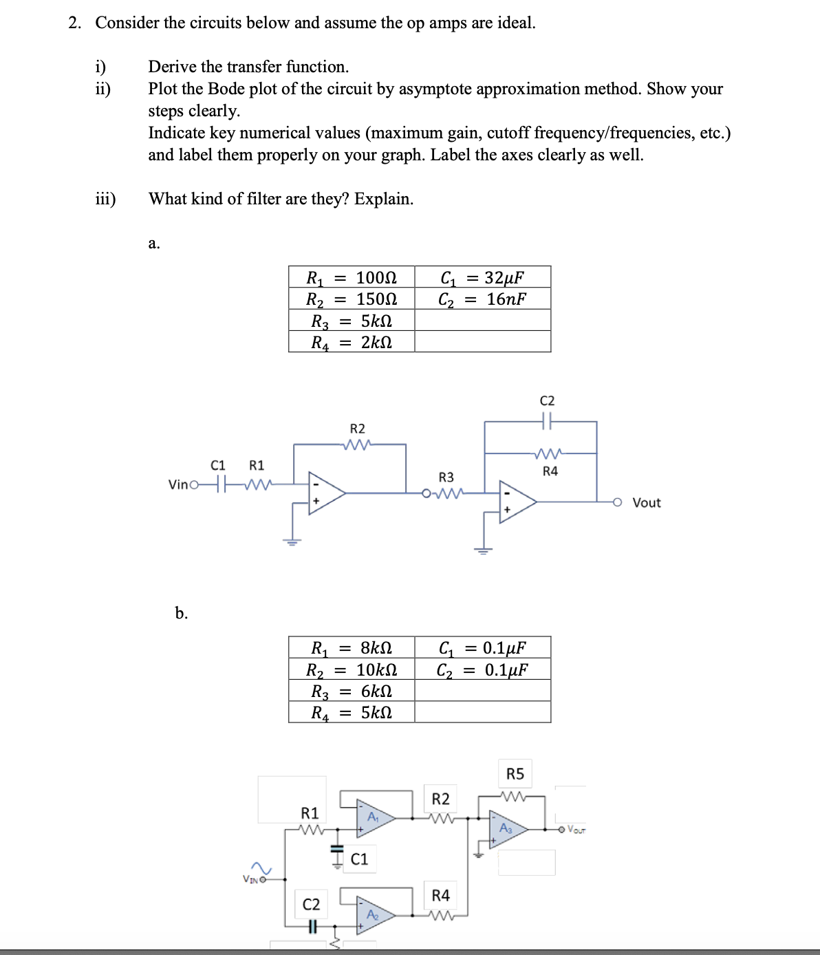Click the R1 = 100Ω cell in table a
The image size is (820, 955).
click(x=352, y=277)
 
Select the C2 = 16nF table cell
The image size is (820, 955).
click(x=482, y=299)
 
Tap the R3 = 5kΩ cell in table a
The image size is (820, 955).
click(x=352, y=321)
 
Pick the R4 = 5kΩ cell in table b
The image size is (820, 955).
click(x=352, y=712)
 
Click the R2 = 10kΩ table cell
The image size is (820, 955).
click(x=352, y=669)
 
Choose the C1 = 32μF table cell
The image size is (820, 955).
click(x=482, y=277)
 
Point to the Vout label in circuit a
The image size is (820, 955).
click(x=646, y=503)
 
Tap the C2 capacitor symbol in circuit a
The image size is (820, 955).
click(x=548, y=420)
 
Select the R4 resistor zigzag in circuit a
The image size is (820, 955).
click(x=549, y=453)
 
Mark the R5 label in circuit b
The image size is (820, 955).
click(x=515, y=774)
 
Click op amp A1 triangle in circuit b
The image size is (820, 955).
click(x=374, y=817)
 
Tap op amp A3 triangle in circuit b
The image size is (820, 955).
click(x=508, y=829)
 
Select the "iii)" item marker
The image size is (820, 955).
click(x=105, y=199)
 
